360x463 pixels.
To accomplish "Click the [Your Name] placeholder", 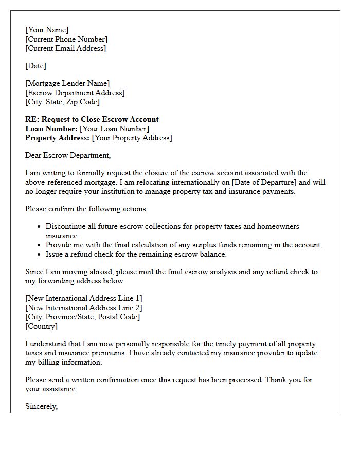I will [47, 30].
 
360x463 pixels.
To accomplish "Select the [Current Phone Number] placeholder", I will [66, 39].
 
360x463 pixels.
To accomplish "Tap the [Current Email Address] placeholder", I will [65, 48].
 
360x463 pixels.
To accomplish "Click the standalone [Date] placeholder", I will [35, 66].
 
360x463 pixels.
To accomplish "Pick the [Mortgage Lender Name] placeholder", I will [67, 83].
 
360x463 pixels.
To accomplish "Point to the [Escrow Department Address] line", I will [75, 93].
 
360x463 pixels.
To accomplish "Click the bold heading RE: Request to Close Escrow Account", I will [92, 119].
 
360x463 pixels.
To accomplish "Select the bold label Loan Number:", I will [51, 129].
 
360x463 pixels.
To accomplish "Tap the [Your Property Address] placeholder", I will [132, 138].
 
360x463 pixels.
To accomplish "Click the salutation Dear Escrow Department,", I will [68, 155].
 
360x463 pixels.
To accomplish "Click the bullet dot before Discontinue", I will [39, 227].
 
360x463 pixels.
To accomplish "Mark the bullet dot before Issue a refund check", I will [39, 255].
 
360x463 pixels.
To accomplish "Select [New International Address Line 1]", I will [84, 298].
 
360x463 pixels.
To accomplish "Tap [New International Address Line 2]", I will [84, 308].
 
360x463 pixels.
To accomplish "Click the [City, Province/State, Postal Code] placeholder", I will [82, 317].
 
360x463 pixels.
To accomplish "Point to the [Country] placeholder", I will [41, 326].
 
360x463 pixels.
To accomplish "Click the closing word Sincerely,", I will [41, 406].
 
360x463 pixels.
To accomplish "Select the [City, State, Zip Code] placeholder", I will [62, 102].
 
